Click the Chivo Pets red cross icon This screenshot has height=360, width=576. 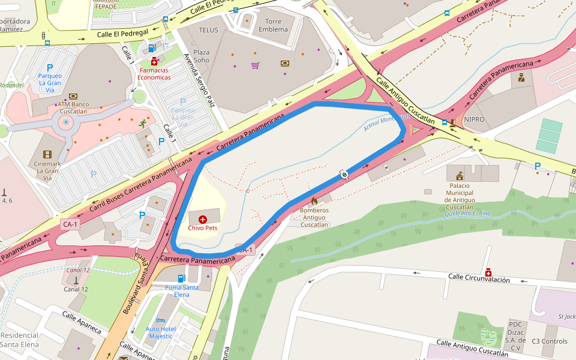click(202, 220)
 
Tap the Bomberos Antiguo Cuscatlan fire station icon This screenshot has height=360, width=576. click(314, 201)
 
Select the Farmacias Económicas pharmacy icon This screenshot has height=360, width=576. click(154, 62)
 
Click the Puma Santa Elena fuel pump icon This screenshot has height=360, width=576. click(181, 278)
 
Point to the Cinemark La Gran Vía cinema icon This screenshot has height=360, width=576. click(47, 139)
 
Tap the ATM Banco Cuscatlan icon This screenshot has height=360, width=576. click(73, 96)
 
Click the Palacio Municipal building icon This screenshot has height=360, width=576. click(460, 175)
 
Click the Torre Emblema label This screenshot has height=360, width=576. click(272, 25)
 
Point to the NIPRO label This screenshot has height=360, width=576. click(474, 119)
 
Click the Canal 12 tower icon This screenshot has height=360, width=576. click(76, 280)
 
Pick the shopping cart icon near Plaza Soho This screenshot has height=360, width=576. click(255, 65)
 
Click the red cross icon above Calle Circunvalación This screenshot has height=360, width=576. click(488, 272)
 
